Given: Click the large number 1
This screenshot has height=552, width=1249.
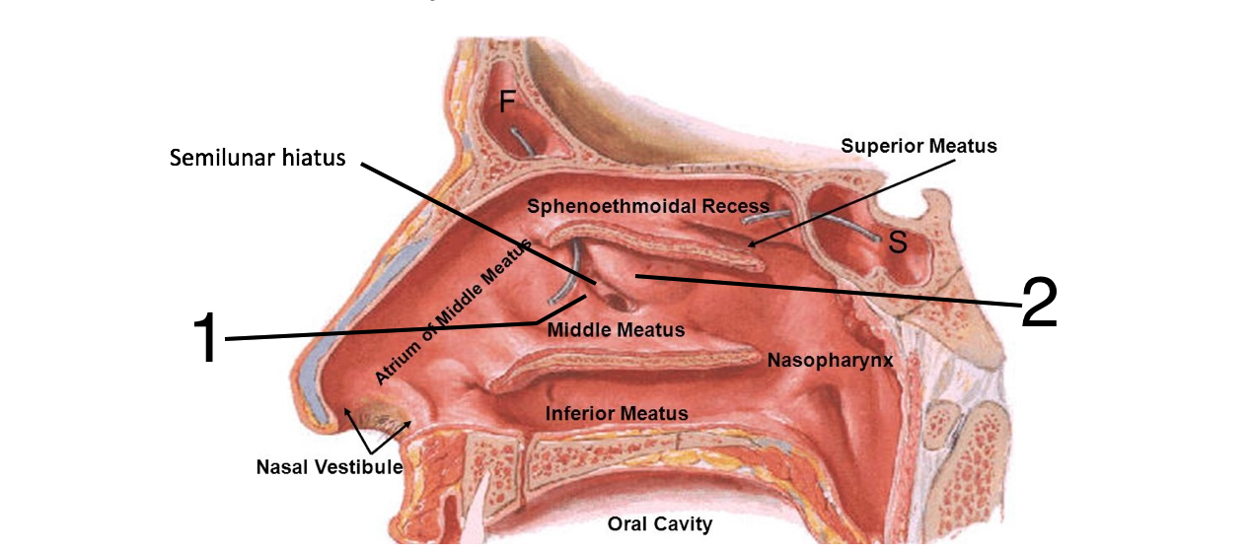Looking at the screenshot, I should point(205,338).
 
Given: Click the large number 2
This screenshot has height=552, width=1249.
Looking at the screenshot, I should point(1039,303).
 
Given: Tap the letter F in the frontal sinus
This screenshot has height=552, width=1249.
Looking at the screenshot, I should point(506,101).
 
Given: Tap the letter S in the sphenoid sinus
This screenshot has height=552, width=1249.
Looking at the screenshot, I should point(897,241).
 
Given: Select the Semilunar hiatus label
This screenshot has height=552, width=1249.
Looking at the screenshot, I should point(257,158).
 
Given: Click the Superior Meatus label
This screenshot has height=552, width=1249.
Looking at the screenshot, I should point(918,146).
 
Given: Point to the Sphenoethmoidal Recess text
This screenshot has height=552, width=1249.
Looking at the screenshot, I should point(647,206).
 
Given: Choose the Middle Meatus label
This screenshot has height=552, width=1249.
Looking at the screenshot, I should point(616,329).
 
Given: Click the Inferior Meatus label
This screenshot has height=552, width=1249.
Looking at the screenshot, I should point(617,413).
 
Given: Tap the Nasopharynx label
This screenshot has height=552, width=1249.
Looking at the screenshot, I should point(830,361).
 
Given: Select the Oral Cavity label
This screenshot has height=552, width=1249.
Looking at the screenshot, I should point(659,523).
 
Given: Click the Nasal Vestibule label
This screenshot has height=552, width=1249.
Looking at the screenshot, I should point(330,466).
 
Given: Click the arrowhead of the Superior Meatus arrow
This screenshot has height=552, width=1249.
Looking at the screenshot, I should point(749,244).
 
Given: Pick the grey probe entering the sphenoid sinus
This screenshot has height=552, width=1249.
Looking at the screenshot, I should point(848,226).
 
